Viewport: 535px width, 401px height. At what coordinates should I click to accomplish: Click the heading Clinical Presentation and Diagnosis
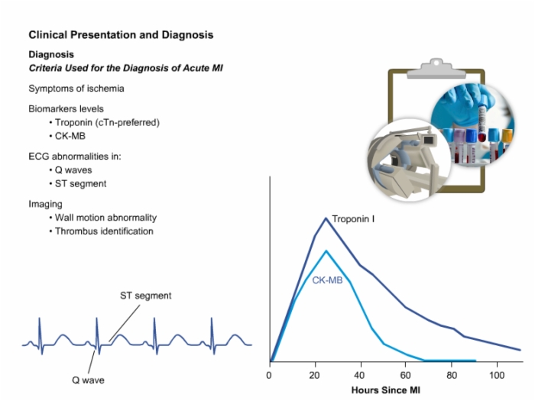click(x=121, y=35)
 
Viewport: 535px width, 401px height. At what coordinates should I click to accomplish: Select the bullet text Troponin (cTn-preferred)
click(x=107, y=122)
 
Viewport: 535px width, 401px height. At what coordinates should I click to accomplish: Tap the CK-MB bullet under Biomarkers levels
click(x=70, y=136)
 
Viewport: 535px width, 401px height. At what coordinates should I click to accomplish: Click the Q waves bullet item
click(x=73, y=170)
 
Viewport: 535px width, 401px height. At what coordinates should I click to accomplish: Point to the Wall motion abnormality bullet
click(x=105, y=218)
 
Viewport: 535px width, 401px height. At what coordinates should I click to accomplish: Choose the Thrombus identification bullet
click(x=104, y=231)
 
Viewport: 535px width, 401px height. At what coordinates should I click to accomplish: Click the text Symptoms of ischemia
click(x=76, y=89)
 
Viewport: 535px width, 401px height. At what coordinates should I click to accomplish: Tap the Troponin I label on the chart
click(x=353, y=219)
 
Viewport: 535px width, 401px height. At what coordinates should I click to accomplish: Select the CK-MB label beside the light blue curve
click(x=327, y=280)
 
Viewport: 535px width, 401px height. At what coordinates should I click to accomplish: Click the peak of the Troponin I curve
click(x=326, y=218)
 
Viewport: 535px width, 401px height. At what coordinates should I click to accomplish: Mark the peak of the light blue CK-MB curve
click(x=326, y=251)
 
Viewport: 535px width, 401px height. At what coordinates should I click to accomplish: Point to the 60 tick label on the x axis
click(x=405, y=376)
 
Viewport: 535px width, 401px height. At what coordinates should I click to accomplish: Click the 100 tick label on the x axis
click(x=497, y=376)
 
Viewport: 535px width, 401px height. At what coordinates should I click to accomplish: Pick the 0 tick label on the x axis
click(x=269, y=376)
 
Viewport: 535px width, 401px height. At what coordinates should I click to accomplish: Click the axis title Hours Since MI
click(x=385, y=390)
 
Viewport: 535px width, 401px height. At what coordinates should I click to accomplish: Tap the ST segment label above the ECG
click(x=146, y=296)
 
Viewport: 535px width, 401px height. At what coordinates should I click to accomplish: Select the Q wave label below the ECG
click(x=88, y=380)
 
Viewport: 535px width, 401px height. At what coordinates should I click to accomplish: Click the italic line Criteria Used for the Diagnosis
click(x=125, y=68)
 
